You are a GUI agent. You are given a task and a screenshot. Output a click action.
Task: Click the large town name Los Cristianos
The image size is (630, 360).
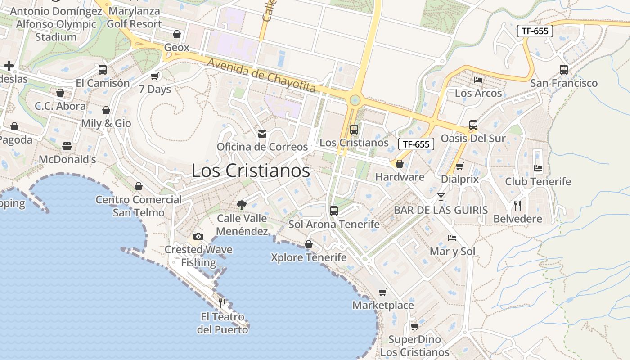(x=251, y=171)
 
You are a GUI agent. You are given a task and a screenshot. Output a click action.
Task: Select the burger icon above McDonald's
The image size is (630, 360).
(x=67, y=146)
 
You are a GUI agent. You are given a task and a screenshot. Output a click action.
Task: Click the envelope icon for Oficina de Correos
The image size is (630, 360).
(x=262, y=134)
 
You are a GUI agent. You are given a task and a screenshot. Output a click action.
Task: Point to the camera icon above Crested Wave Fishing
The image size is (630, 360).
(x=198, y=236)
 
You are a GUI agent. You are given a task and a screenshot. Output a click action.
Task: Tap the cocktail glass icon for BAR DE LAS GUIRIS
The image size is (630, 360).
(x=441, y=197)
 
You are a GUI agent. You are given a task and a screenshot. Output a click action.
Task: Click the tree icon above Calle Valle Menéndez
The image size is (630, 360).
(x=242, y=205)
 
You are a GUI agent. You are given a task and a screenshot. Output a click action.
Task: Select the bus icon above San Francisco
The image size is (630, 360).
(x=564, y=70)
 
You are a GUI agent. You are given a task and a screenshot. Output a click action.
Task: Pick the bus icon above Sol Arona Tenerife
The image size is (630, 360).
(x=334, y=211)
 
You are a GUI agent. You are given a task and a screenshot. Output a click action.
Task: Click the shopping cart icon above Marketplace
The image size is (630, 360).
(x=382, y=292)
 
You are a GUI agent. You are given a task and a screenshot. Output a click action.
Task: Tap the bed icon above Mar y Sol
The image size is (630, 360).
(x=452, y=238)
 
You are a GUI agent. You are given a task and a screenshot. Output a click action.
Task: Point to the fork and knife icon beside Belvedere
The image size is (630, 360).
(x=517, y=206)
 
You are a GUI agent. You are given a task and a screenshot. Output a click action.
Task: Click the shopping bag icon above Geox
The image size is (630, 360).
(x=177, y=34)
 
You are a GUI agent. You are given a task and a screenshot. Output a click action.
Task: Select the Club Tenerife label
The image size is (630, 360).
(x=538, y=182)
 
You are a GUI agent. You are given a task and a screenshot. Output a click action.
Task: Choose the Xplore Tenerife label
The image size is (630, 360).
(x=309, y=257)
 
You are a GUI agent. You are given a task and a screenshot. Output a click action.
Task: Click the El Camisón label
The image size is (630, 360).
(x=103, y=83)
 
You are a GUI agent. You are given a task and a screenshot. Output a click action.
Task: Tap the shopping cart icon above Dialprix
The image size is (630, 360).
(x=459, y=166)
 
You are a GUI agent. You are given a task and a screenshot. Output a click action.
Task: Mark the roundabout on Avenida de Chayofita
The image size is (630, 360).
(x=355, y=99)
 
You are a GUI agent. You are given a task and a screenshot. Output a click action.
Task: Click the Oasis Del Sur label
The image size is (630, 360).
(x=473, y=138)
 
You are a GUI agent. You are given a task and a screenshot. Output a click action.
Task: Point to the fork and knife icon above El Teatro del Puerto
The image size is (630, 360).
(x=222, y=303)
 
